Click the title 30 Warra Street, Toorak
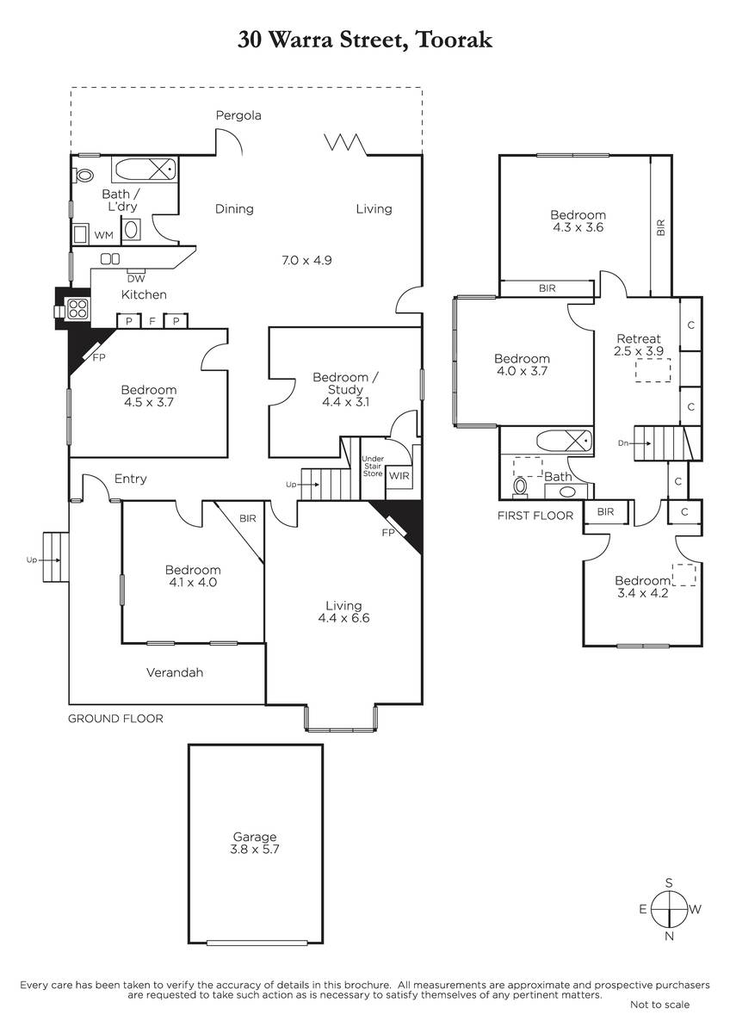(x=365, y=40)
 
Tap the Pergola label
(x=238, y=115)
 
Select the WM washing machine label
(x=104, y=235)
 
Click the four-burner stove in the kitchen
(x=78, y=309)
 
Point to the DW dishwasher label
(x=136, y=279)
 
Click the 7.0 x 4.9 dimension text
(x=306, y=260)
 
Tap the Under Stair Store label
(x=373, y=466)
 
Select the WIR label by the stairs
(x=399, y=475)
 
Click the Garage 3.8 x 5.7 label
(x=255, y=843)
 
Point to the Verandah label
(x=175, y=672)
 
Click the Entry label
(x=131, y=479)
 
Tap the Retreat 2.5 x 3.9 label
(x=639, y=344)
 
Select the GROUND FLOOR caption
(x=115, y=719)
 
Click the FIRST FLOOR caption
(x=535, y=516)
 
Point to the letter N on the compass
(x=669, y=936)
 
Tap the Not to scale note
(x=660, y=1004)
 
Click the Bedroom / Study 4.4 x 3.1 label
(x=345, y=390)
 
